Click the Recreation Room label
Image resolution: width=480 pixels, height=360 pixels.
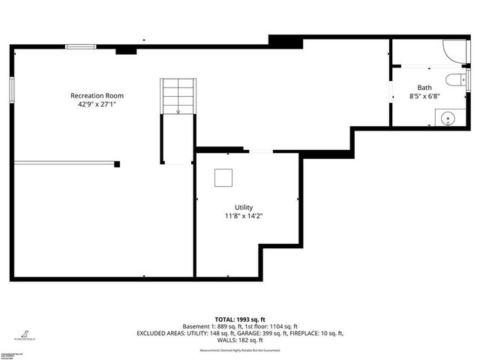(97, 96)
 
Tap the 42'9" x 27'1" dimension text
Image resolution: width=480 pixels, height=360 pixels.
(97, 105)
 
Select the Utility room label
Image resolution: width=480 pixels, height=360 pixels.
(244, 208)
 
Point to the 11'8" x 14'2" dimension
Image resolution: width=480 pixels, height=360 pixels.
(244, 217)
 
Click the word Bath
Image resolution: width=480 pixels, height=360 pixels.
(424, 88)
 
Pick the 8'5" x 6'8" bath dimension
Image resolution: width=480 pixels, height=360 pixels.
(424, 97)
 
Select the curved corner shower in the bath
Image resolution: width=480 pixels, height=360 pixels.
(454, 50)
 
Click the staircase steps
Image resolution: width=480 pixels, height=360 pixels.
(178, 95)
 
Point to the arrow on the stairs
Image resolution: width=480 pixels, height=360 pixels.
(178, 112)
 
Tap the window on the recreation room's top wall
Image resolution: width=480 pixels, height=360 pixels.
(79, 46)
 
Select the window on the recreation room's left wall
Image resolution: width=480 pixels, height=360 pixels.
(12, 88)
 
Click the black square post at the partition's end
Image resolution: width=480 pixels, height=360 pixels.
(117, 163)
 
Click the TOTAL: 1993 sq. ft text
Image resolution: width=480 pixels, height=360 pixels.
(240, 318)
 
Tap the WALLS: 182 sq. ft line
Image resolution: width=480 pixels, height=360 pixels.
(240, 341)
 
